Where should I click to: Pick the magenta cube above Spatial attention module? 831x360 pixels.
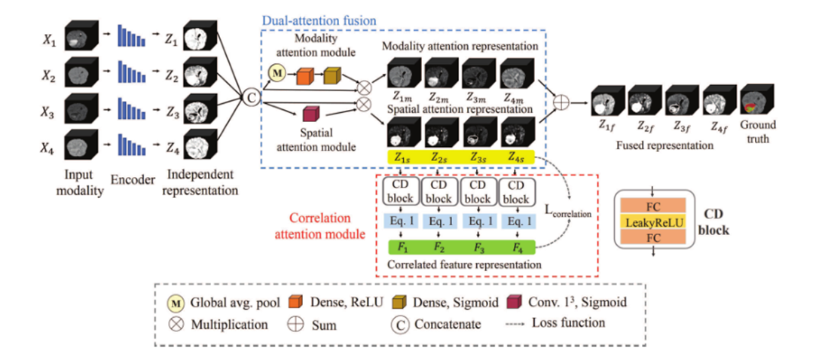pos(309,114)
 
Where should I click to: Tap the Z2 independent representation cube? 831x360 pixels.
pos(194,73)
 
